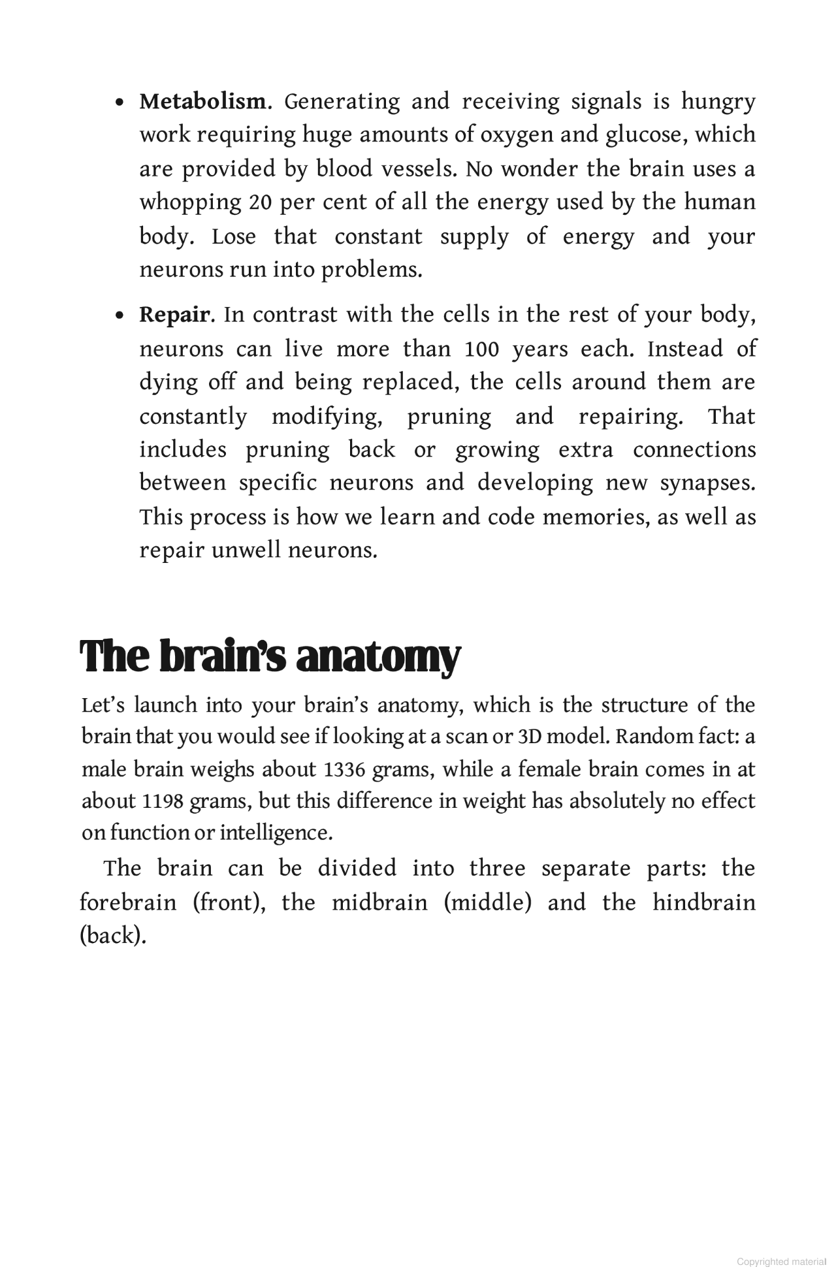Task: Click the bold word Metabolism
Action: click(202, 102)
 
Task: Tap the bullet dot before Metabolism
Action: click(119, 103)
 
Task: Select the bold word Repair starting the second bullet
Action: click(174, 315)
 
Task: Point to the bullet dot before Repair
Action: click(119, 317)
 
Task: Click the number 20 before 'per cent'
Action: click(261, 202)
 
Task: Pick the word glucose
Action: click(645, 135)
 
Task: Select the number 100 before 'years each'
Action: click(481, 349)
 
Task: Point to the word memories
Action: click(592, 517)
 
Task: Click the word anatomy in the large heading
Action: click(378, 657)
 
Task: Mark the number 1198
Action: click(162, 802)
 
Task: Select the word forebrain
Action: click(128, 903)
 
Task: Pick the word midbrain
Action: click(379, 903)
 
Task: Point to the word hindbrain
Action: click(704, 903)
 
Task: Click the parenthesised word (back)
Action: click(112, 936)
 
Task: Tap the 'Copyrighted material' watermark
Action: click(780, 1262)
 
